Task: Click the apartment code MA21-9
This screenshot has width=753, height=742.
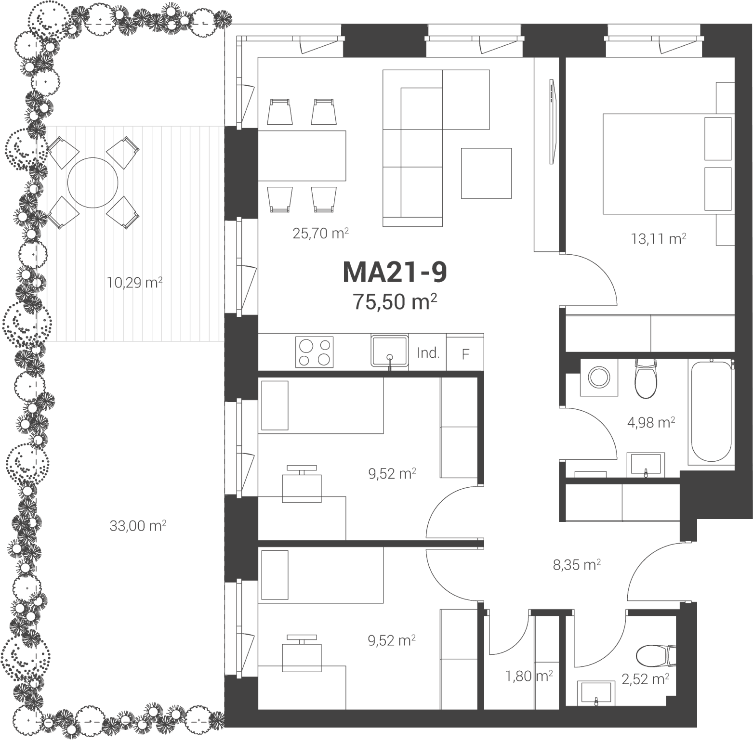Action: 395,272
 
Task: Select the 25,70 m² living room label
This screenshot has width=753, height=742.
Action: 320,234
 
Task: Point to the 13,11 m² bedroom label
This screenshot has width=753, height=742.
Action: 659,238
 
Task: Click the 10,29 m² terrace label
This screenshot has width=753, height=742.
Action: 134,282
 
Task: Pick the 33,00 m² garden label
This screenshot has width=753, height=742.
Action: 138,525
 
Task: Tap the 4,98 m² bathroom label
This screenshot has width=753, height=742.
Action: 651,423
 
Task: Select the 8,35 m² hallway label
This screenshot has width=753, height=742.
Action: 577,565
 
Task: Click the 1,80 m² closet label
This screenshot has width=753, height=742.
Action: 528,677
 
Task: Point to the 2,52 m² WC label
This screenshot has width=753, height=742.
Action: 645,679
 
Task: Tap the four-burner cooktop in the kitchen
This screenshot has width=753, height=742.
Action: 314,352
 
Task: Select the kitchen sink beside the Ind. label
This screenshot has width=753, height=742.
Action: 389,351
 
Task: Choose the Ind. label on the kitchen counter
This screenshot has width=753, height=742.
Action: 428,353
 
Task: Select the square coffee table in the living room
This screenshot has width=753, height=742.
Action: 486,173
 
